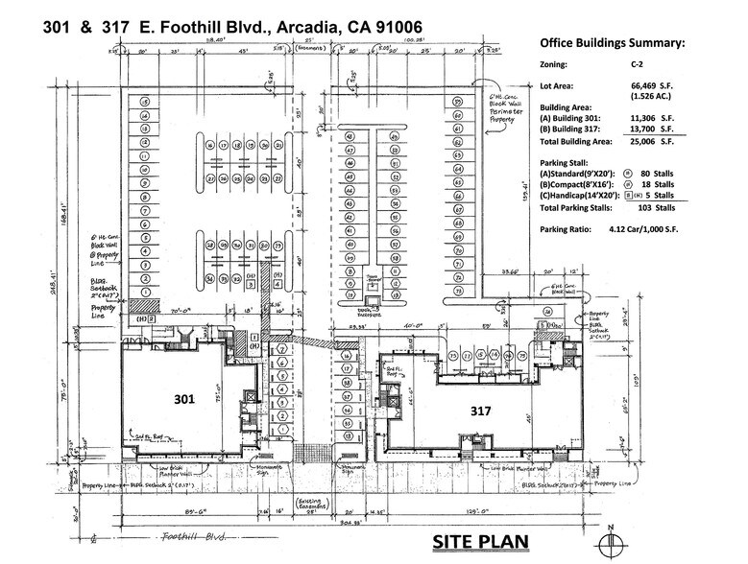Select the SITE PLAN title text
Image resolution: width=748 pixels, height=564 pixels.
479,542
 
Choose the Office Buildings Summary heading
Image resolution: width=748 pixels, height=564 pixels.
613,43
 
